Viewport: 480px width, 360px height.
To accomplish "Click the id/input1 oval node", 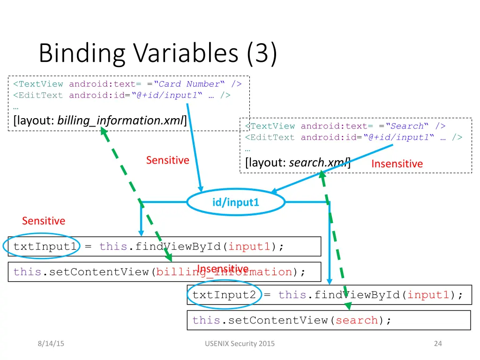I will pos(236,202).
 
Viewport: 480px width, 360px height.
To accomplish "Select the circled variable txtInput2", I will pos(225,295).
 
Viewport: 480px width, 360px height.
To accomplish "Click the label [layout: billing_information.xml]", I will pos(100,120).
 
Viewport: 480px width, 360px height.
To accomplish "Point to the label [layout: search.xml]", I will pos(297,163).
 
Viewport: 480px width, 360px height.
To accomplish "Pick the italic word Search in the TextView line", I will pos(407,126).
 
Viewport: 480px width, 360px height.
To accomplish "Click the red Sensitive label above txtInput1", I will pos(44,221).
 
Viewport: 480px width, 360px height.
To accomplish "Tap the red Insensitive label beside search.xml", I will pos(397,164).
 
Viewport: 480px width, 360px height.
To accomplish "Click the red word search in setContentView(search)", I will pos(357,321).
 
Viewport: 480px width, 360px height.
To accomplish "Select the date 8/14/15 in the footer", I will pos(51,344).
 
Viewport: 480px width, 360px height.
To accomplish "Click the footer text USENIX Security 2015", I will pos(240,344).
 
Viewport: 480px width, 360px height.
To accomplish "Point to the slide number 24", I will pos(438,344).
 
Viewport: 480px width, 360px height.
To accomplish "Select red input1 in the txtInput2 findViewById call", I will pos(429,295).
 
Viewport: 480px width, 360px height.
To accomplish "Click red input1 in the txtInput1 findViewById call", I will pos(249,247).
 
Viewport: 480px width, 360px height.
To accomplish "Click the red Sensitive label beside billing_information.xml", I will pos(167,160).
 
